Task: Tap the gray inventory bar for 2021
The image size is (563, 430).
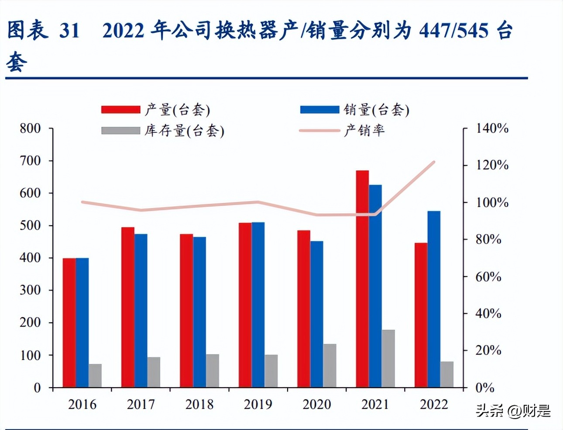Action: tap(388, 358)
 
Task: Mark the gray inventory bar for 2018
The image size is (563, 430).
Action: tap(212, 371)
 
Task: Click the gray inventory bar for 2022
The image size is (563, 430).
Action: tap(446, 374)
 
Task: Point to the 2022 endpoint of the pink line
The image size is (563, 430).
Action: tap(434, 162)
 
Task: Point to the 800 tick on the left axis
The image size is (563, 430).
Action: tap(31, 128)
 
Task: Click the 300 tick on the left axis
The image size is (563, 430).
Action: tap(31, 290)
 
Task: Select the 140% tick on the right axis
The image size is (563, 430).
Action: tap(492, 128)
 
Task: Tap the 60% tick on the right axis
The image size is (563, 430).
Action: tap(488, 276)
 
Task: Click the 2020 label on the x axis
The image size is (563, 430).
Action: tap(316, 404)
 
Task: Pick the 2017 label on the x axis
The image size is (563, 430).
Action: tap(141, 404)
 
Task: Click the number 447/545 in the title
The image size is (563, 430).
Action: tap(453, 30)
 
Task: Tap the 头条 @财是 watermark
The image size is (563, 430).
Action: tap(513, 411)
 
